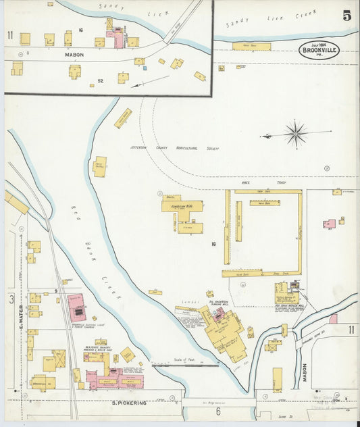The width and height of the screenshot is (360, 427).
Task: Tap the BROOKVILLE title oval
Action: click(x=319, y=49)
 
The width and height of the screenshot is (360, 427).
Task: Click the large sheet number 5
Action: click(x=346, y=16)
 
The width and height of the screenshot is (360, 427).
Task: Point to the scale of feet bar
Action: click(x=184, y=366)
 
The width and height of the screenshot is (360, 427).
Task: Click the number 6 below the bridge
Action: click(x=218, y=411)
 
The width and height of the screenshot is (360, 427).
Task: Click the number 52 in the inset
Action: click(x=102, y=81)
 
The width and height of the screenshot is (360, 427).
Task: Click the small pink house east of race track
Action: click(x=330, y=224)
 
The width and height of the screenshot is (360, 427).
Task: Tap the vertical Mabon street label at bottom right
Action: click(x=305, y=373)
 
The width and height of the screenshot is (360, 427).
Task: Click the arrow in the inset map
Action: click(x=150, y=82)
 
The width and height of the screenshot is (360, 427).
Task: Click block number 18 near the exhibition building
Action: click(x=213, y=243)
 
